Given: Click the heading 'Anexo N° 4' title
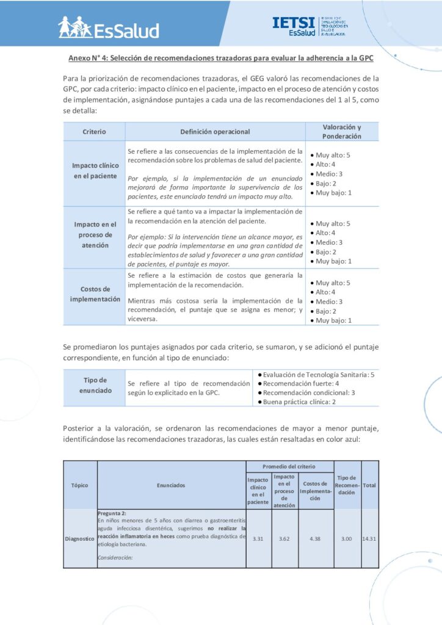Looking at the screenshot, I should click(x=220, y=59).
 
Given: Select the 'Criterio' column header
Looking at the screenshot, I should click(x=94, y=131).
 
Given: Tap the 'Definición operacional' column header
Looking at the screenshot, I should click(x=215, y=131).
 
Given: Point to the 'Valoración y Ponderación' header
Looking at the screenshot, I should click(x=341, y=131).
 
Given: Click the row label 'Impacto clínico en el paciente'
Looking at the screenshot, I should click(x=95, y=171).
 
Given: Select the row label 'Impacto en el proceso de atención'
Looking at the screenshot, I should click(x=95, y=234).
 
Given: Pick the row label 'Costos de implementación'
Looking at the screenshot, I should click(x=95, y=294).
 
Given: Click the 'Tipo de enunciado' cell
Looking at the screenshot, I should click(x=95, y=385).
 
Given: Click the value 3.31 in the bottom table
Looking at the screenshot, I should click(x=258, y=539).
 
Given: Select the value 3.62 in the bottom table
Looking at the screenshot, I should click(x=284, y=539).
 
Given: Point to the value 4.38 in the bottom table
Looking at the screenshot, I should click(x=316, y=539).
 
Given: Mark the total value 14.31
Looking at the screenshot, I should click(x=370, y=539).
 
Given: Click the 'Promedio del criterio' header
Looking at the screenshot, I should click(x=289, y=466).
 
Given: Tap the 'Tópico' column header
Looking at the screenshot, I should click(x=80, y=485).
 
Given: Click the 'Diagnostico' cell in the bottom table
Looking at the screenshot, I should click(x=80, y=539).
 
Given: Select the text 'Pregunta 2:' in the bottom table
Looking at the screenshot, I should click(x=112, y=513).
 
